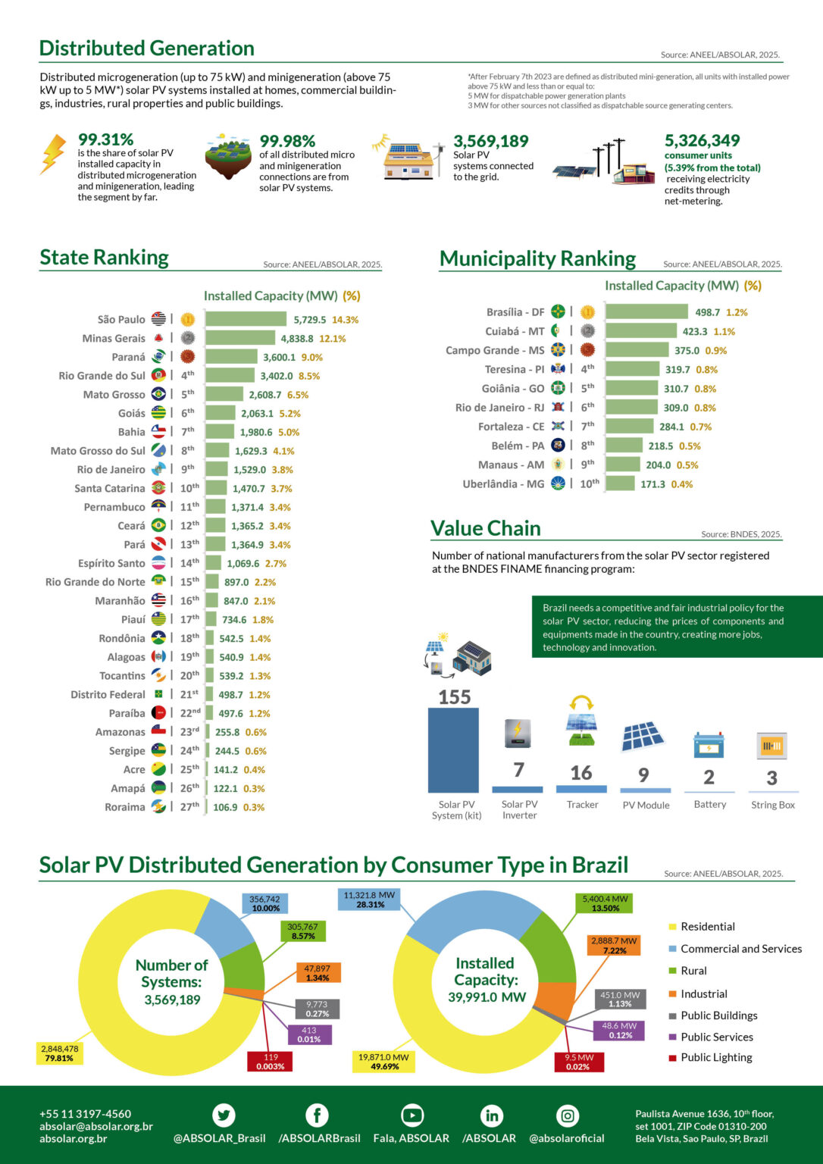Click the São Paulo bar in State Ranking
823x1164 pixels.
pos(246,320)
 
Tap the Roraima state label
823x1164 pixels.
pos(125,807)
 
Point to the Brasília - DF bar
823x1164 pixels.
pos(646,312)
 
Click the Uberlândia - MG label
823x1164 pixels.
pos(503,484)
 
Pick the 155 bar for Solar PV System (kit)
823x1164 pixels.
pos(453,750)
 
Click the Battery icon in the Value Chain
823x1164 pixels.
pos(709,745)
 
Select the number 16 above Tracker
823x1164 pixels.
pos(581,772)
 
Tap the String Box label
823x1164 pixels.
pos(773,805)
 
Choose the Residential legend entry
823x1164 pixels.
pos(707,927)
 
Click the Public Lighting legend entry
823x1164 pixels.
pos(715,1058)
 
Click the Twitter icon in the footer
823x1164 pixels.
pos(224,1115)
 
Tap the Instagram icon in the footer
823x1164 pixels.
pos(568,1115)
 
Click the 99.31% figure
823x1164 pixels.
pos(106,139)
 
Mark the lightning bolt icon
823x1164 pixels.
pos(53,154)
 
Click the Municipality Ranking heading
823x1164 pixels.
pos(537,259)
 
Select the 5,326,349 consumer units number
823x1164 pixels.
pos(702,141)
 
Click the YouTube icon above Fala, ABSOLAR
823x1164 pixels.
pos(411,1115)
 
